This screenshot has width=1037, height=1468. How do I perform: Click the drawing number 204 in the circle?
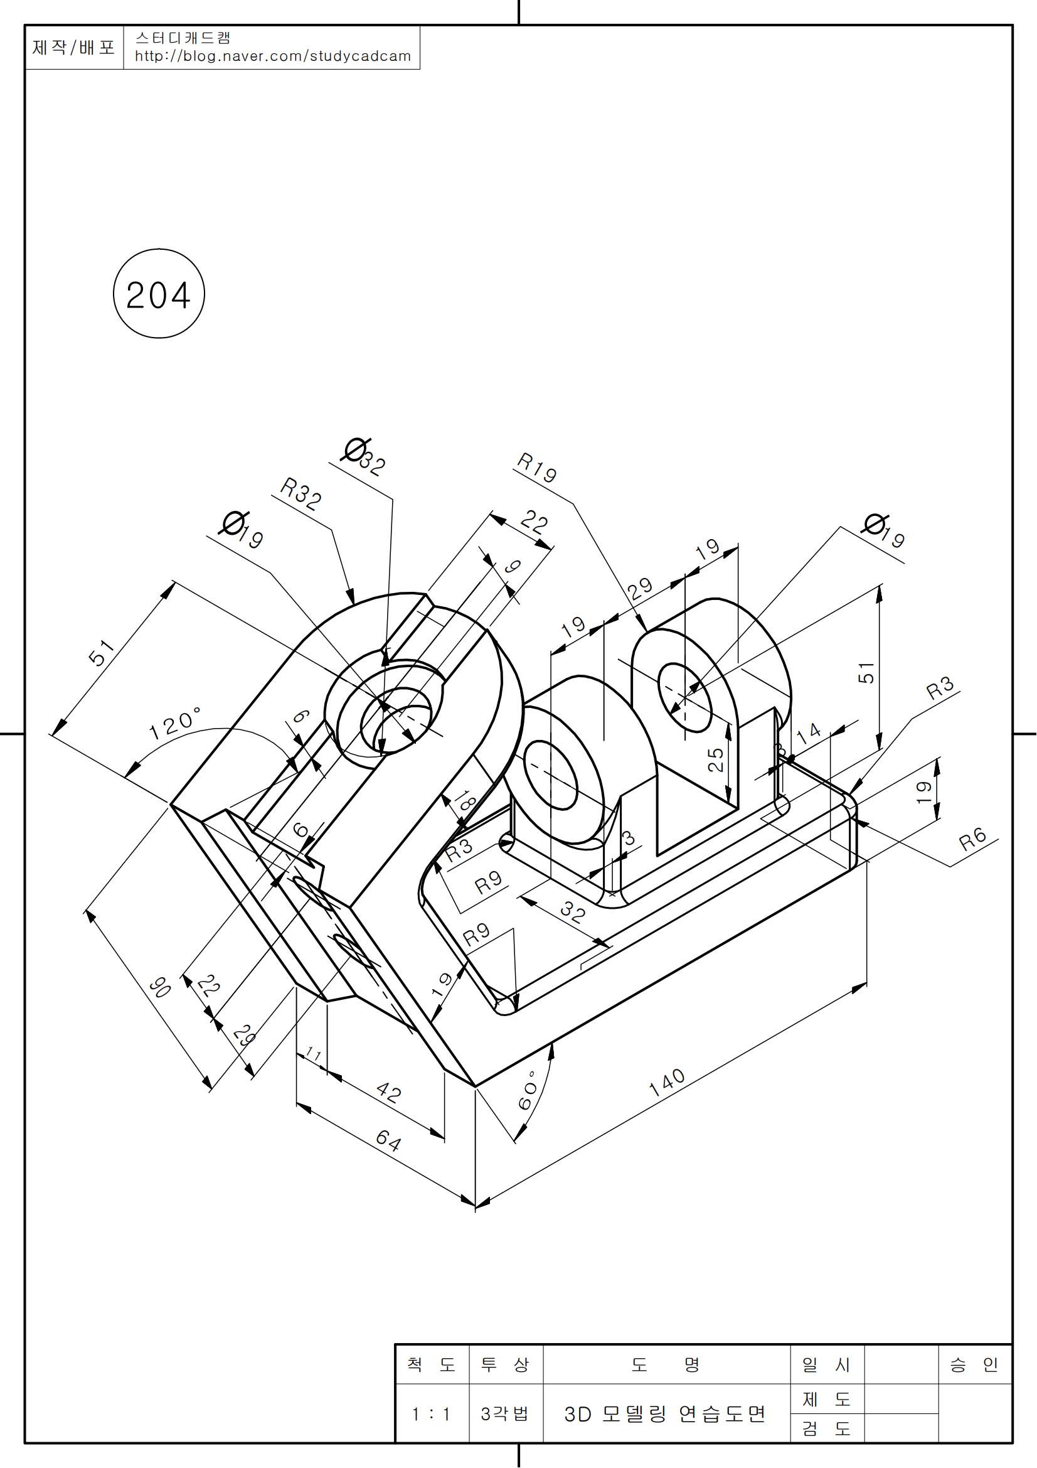(159, 296)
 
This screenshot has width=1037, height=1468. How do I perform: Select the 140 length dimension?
(667, 1083)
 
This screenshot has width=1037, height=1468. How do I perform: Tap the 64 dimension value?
(388, 1140)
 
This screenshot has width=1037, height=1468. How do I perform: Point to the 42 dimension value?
(388, 1092)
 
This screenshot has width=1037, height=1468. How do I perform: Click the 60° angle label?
(528, 1091)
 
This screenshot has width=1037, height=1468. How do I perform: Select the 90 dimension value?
(160, 987)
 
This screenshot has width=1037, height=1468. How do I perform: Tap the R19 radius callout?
(537, 467)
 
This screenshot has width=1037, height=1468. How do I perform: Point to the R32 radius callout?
(300, 493)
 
